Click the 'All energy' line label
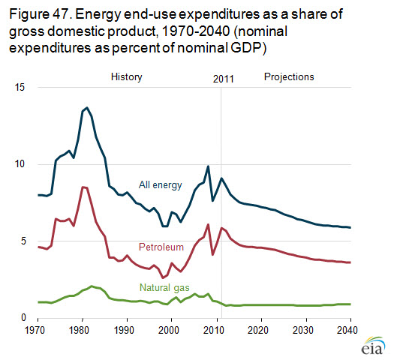[x=161, y=185]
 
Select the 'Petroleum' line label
[x=161, y=247]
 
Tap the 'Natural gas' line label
[x=164, y=288]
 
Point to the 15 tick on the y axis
[x=20, y=87]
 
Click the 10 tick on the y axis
[x=20, y=164]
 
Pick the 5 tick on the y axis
[x=23, y=241]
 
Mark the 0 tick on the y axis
[x=23, y=317]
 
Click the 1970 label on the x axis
[x=35, y=330]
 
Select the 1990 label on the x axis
[x=124, y=330]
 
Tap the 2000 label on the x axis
[x=169, y=330]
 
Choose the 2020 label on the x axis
[x=258, y=330]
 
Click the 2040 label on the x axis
[x=347, y=330]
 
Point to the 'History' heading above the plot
[x=127, y=76]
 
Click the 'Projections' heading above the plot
[x=289, y=76]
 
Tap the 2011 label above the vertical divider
[x=224, y=79]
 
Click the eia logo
[x=373, y=346]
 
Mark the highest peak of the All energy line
[x=87, y=108]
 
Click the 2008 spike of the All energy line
[x=208, y=166]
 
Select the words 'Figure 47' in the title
[x=39, y=14]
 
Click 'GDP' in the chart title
[x=245, y=48]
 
